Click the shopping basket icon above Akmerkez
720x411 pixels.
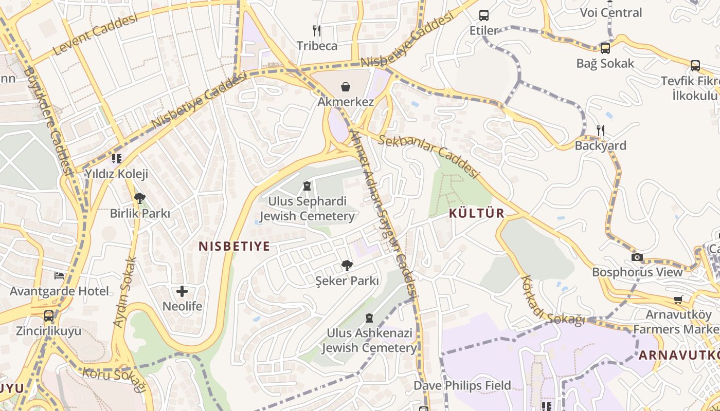[x=346, y=86]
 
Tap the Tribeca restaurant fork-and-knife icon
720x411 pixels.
[x=317, y=31]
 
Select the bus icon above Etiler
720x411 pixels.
[x=483, y=15]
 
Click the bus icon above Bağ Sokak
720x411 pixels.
[x=605, y=48]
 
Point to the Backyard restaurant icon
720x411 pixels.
[x=600, y=130]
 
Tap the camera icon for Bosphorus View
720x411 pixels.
[x=637, y=257]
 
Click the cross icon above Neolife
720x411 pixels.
[x=182, y=291]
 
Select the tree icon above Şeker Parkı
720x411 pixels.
[x=347, y=266]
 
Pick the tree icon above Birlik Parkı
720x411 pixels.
[x=139, y=198]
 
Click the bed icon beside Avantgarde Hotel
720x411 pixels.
[x=59, y=276]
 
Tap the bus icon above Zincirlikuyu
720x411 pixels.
[x=49, y=315]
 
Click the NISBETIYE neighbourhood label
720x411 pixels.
[x=234, y=246]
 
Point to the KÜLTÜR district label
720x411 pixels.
[x=476, y=213]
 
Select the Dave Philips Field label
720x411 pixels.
[x=462, y=385]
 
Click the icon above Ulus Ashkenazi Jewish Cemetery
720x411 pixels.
[x=369, y=318]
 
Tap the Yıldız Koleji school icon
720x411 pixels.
[x=117, y=158]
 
